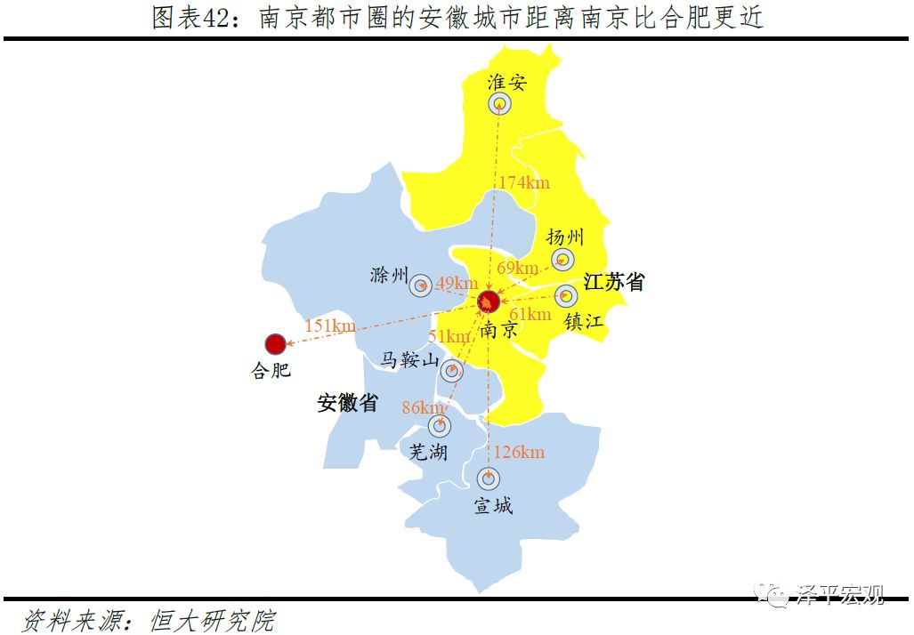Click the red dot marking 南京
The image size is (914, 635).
coord(488,301)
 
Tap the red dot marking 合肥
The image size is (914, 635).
coord(275,344)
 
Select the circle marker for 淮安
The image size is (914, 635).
coord(500,104)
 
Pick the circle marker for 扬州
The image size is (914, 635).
coord(562,260)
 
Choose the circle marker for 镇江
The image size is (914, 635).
coord(566,296)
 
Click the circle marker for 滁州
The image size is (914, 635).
coord(421,285)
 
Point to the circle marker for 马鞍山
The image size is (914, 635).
coord(452,371)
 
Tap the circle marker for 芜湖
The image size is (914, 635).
coord(440,426)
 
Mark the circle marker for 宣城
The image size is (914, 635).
coord(488,478)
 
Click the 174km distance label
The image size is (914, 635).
coord(523,182)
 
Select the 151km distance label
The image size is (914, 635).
coord(330,326)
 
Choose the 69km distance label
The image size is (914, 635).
coord(517,267)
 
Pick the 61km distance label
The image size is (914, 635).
coord(530,314)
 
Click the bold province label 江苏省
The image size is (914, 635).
coord(613,282)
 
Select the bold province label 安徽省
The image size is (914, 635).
coord(348,403)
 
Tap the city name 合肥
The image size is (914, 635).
coord(271,370)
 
